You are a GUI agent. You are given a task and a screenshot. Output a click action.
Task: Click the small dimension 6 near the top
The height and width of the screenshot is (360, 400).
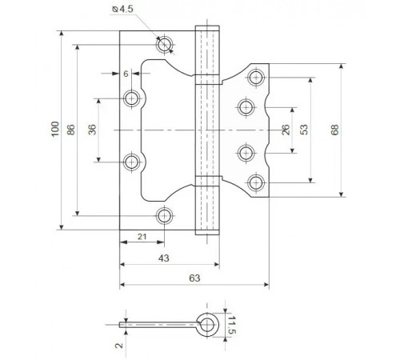[126, 74]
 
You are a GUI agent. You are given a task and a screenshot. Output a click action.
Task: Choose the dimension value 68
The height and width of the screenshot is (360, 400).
[346, 129]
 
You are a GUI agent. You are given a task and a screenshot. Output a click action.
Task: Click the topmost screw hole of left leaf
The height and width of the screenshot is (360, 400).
[164, 45]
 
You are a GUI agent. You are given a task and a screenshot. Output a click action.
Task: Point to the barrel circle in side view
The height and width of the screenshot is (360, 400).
[208, 323]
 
